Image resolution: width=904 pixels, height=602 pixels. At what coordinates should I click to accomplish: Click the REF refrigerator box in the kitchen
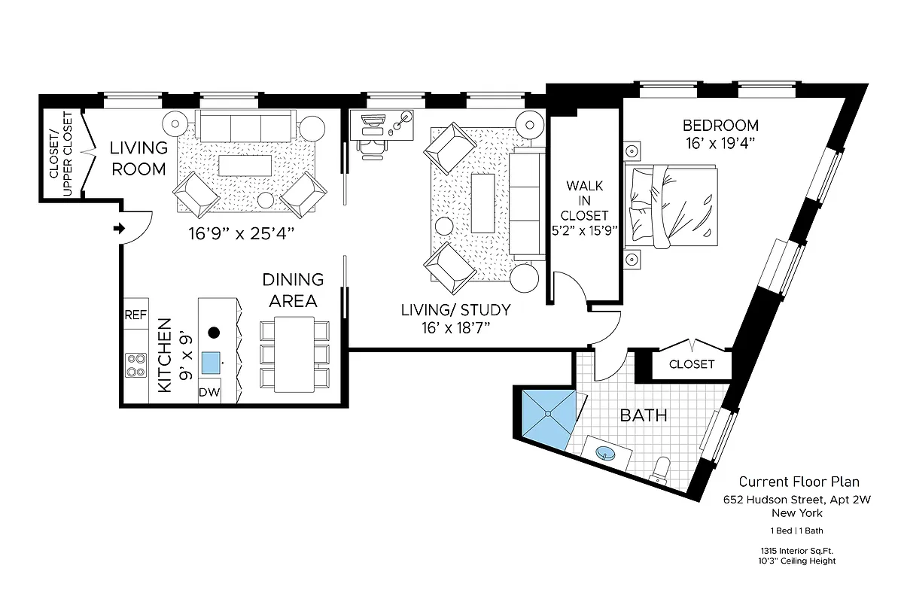pyautogui.click(x=135, y=315)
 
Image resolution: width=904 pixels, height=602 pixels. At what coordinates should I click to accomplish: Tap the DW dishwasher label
pyautogui.click(x=209, y=392)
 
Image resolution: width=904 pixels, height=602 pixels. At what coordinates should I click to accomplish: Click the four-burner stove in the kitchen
pyautogui.click(x=135, y=366)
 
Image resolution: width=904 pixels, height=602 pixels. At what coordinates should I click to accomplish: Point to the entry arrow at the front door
pyautogui.click(x=118, y=229)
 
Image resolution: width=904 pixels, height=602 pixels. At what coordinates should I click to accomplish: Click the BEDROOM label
pyautogui.click(x=720, y=126)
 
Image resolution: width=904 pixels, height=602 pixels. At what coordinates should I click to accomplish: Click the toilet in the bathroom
pyautogui.click(x=659, y=468)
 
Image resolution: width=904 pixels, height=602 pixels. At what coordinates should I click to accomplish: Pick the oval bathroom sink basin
pyautogui.click(x=605, y=454)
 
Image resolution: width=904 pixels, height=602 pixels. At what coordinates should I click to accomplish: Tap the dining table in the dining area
pyautogui.click(x=294, y=354)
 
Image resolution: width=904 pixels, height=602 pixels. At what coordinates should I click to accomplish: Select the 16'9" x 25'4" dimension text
pyautogui.click(x=241, y=234)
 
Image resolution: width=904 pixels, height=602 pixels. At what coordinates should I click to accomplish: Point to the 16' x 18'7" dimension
pyautogui.click(x=455, y=327)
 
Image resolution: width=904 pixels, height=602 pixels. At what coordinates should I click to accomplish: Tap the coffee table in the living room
pyautogui.click(x=244, y=164)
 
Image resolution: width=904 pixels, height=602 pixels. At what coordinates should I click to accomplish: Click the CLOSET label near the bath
pyautogui.click(x=691, y=364)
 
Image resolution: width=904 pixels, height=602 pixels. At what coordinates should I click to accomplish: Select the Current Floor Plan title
pyautogui.click(x=798, y=482)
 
